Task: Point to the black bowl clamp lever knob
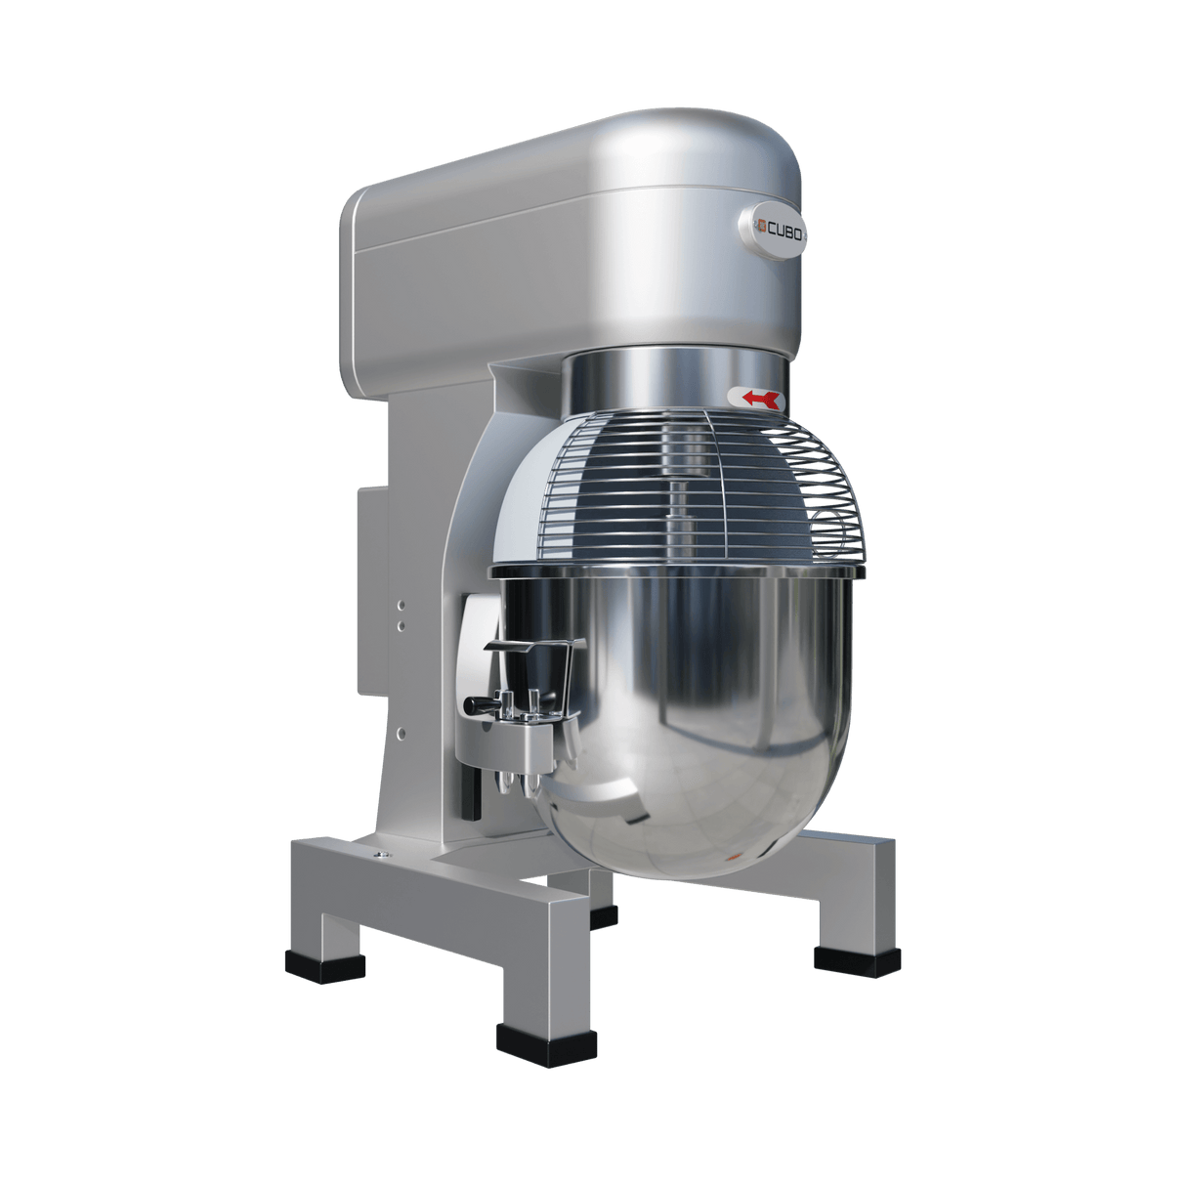pyautogui.click(x=474, y=703)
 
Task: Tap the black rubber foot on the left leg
pyautogui.click(x=325, y=967)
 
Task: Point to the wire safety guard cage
pyautogui.click(x=684, y=479)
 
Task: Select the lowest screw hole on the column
pyautogui.click(x=400, y=729)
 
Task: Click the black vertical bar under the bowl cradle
pyautogui.click(x=474, y=791)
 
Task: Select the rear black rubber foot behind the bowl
pyautogui.click(x=604, y=916)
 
